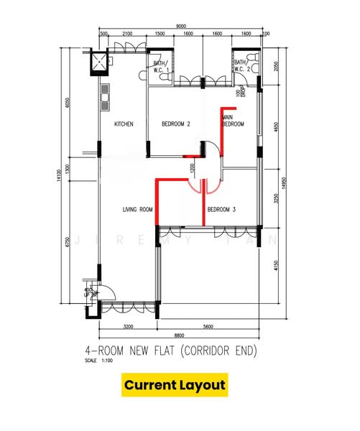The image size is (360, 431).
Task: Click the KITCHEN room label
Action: point(124,124)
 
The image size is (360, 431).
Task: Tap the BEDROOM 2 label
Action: point(176,124)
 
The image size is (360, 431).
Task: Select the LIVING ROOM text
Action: point(138,210)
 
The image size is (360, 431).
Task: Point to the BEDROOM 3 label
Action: point(222,210)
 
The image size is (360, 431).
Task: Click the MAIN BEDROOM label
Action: point(233,121)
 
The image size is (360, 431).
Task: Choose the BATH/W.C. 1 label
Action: point(160,67)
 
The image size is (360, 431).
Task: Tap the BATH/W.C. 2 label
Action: point(241,67)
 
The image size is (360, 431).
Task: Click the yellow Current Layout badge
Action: point(175,385)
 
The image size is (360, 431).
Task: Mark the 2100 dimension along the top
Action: point(127,34)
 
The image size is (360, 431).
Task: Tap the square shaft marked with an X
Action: point(96,63)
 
